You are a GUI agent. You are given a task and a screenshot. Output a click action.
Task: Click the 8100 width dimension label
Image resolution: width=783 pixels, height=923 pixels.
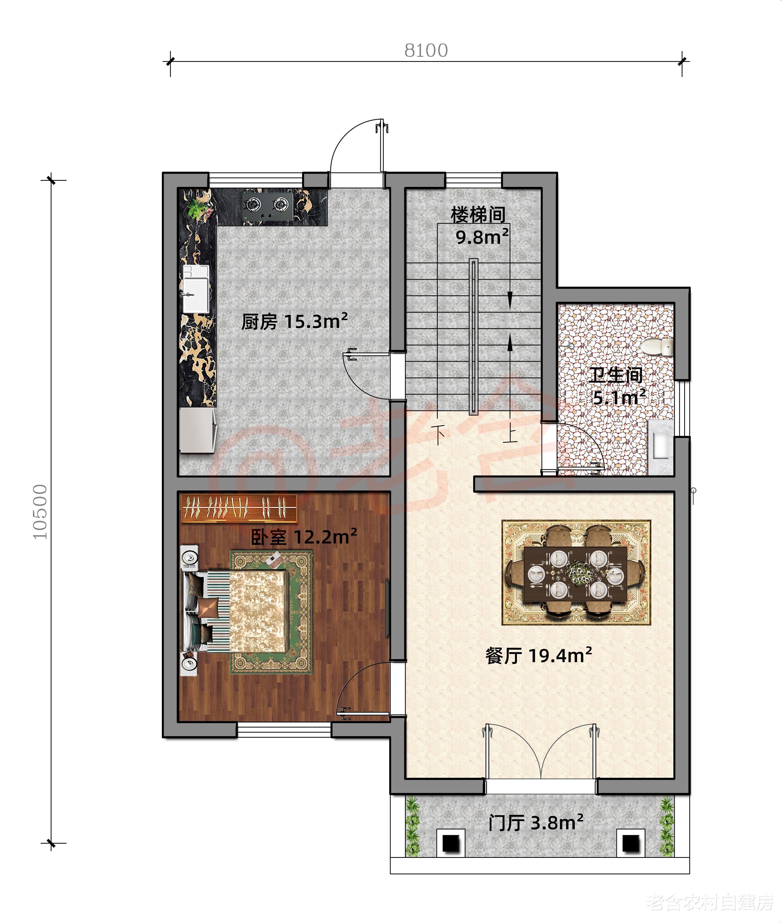[x=426, y=51]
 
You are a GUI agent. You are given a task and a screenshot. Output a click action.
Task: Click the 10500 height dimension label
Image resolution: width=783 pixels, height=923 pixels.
[x=40, y=512]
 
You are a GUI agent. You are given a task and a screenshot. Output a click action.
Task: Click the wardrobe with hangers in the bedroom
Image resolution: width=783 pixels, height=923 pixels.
[x=239, y=508]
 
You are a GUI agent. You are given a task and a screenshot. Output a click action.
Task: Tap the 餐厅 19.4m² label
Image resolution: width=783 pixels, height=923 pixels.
[x=539, y=656]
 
